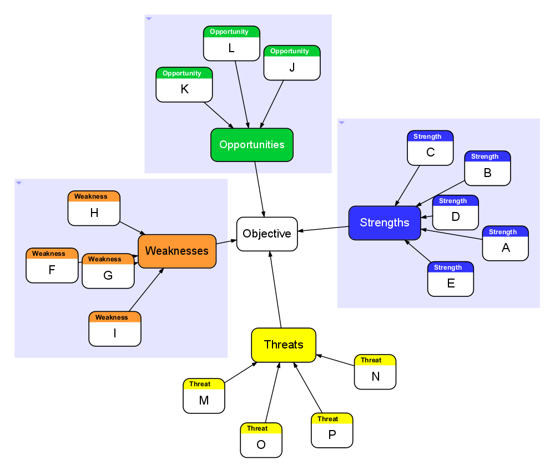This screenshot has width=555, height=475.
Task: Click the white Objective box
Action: click(x=267, y=234)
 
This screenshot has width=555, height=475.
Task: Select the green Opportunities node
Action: click(x=252, y=145)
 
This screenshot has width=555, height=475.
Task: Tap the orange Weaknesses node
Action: click(x=177, y=251)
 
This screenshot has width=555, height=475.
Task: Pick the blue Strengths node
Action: click(x=385, y=223)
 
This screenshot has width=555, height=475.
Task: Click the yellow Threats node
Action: click(x=284, y=345)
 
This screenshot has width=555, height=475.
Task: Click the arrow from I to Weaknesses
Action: click(x=146, y=290)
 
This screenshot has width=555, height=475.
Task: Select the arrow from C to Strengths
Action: click(x=407, y=185)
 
